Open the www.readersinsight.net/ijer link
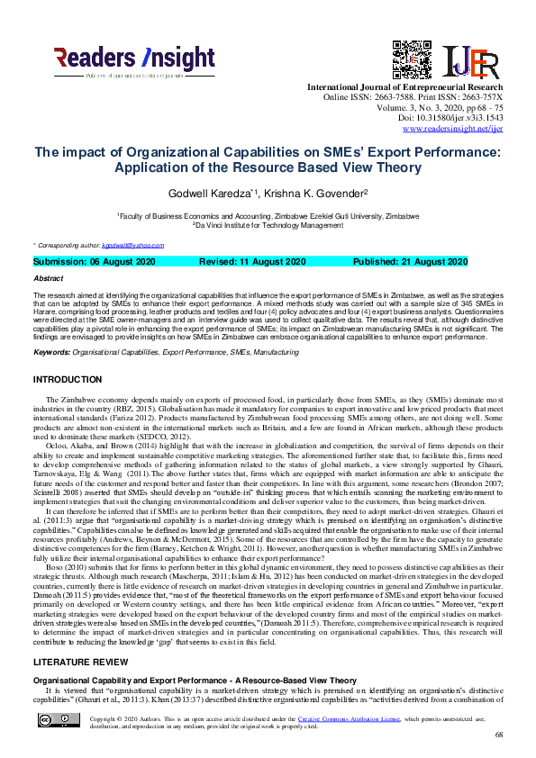click(452, 129)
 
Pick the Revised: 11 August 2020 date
click(255, 262)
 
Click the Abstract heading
click(48, 279)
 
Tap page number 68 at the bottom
click(499, 735)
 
